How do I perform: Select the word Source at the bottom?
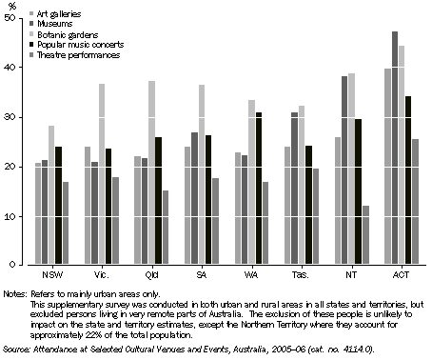pyautogui.click(x=16, y=350)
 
